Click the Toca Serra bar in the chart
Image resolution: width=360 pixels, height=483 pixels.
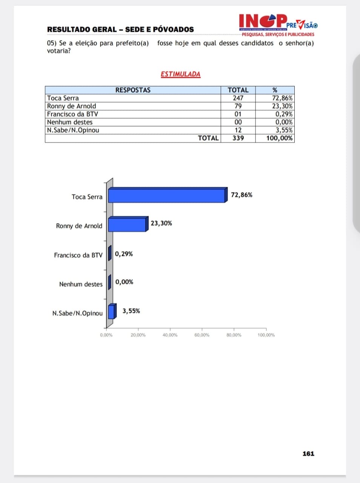pyautogui.click(x=167, y=195)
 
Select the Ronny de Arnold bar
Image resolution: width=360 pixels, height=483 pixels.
pyautogui.click(x=127, y=225)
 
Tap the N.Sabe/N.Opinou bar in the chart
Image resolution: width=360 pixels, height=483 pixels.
pyautogui.click(x=111, y=312)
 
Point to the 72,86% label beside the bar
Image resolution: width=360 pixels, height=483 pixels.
pyautogui.click(x=242, y=195)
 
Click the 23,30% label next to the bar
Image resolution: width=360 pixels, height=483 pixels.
pyautogui.click(x=161, y=223)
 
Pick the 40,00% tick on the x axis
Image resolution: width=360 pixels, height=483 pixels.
pyautogui.click(x=170, y=335)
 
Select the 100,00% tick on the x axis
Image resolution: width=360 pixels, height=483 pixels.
pyautogui.click(x=266, y=335)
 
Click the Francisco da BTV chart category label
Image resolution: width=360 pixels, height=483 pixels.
pyautogui.click(x=78, y=255)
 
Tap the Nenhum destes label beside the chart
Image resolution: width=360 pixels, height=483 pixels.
pyautogui.click(x=81, y=284)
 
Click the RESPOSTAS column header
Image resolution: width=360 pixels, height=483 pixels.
pyautogui.click(x=133, y=90)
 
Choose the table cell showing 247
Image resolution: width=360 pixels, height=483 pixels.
pyautogui.click(x=238, y=98)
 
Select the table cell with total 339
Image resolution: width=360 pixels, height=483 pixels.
pyautogui.click(x=238, y=138)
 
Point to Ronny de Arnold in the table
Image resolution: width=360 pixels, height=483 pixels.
pyautogui.click(x=72, y=106)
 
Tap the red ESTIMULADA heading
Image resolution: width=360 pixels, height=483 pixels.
pyautogui.click(x=180, y=74)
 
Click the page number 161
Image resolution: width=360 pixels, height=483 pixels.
pyautogui.click(x=308, y=454)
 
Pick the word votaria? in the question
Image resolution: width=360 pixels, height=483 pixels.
pyautogui.click(x=59, y=51)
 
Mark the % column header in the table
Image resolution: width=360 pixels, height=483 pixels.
pyautogui.click(x=275, y=90)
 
